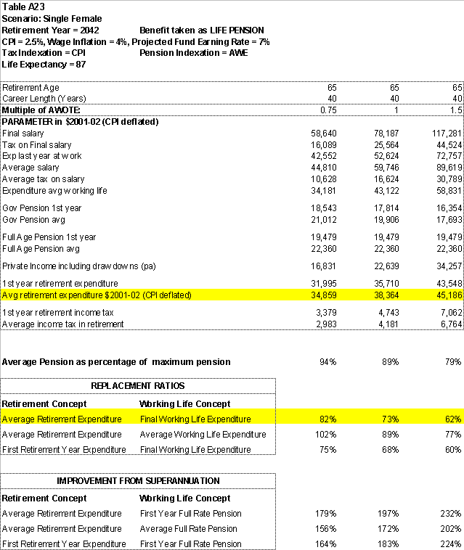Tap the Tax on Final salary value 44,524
click(449, 145)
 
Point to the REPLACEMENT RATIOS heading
click(138, 386)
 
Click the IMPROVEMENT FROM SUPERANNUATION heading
click(138, 480)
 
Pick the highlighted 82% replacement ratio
click(327, 419)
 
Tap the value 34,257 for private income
click(449, 266)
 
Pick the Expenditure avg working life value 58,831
click(449, 191)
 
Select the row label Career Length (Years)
click(44, 98)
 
